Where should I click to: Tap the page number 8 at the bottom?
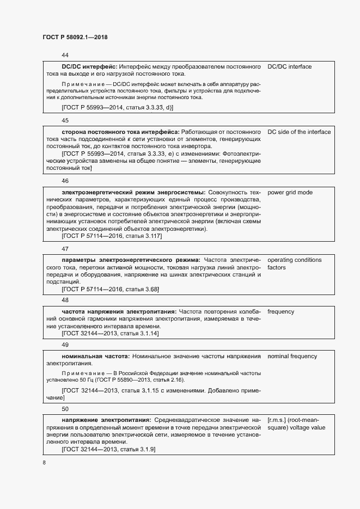click(x=44, y=463)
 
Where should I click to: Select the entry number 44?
click(x=65, y=56)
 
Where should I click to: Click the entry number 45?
click(x=65, y=120)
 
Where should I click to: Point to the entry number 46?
click(x=65, y=181)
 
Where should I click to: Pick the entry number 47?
click(x=65, y=249)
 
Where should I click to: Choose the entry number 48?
click(x=65, y=300)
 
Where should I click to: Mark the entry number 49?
click(x=65, y=345)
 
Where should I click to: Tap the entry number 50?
click(x=65, y=408)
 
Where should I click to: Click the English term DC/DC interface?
click(x=289, y=66)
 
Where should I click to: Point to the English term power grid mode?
click(x=290, y=192)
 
